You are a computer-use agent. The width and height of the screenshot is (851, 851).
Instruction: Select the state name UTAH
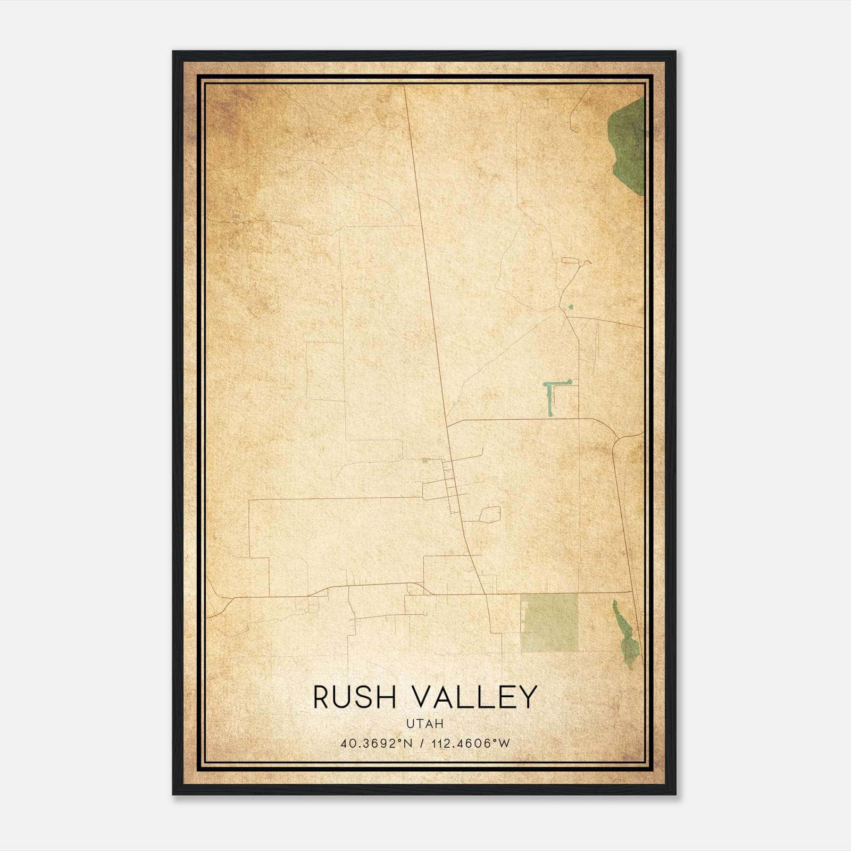(x=425, y=724)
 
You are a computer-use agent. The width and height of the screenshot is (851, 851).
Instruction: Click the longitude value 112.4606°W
(x=470, y=744)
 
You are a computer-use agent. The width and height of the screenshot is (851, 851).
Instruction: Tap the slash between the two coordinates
(x=422, y=744)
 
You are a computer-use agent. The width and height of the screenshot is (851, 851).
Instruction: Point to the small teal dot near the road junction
(x=571, y=307)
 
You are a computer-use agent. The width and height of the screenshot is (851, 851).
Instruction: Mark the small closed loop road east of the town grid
(x=490, y=514)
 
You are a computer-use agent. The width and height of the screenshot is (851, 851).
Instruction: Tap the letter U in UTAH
(x=410, y=724)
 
